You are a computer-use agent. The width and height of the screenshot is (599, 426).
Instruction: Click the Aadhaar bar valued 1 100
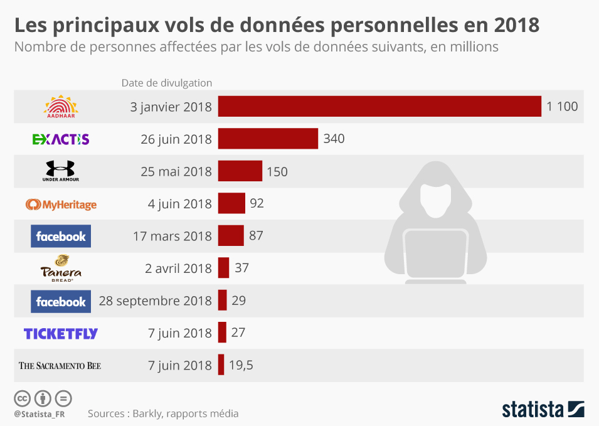(379, 106)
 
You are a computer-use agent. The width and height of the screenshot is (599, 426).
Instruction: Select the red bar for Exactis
(268, 139)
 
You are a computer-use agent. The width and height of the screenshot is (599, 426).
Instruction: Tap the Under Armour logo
(61, 171)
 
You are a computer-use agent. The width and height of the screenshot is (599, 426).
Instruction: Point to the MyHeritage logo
(61, 204)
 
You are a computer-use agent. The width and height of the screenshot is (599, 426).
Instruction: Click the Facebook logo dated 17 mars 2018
(61, 237)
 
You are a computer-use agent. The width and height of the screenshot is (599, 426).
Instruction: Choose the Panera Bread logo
(61, 269)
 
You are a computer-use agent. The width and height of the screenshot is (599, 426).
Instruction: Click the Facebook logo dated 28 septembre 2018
(61, 302)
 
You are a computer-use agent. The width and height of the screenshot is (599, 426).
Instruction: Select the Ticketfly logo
(61, 334)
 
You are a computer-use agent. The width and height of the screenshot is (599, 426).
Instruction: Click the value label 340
(334, 139)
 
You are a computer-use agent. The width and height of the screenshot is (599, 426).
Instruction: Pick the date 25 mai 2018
(176, 171)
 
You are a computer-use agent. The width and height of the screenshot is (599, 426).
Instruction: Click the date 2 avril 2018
(178, 269)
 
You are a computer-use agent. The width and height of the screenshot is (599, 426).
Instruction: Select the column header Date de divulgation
(166, 83)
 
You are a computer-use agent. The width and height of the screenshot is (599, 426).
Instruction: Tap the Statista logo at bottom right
(543, 409)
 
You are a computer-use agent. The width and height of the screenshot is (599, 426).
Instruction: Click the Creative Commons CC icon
(22, 398)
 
